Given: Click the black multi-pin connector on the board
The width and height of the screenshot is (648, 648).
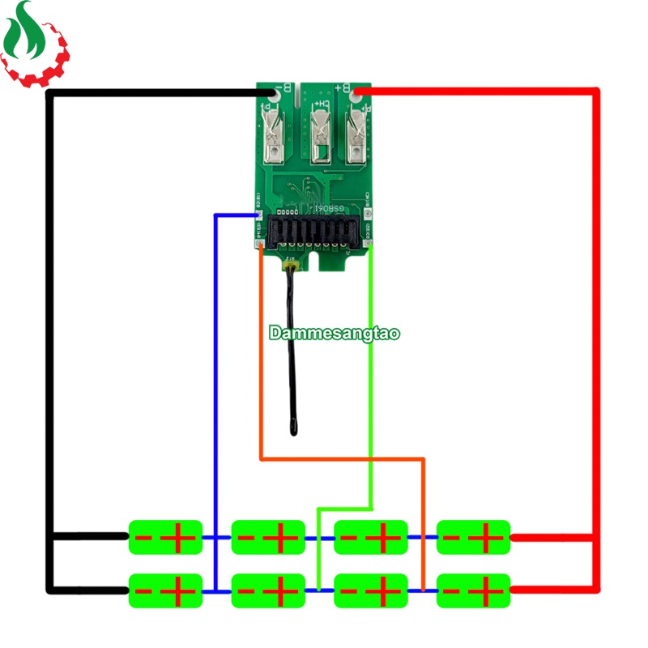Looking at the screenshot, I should (313, 235).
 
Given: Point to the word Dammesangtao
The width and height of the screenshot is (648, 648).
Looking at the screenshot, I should (335, 333).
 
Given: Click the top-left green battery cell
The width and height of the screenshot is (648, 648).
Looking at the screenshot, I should (165, 537).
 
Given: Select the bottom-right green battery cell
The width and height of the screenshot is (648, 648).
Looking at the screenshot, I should (473, 590).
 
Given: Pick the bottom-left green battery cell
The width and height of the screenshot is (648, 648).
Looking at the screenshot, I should (165, 590).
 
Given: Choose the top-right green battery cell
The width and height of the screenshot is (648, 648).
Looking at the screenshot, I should (473, 537).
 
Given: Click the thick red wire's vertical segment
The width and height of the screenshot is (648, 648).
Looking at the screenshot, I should (598, 324).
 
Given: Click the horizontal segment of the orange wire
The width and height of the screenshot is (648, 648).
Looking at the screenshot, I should (340, 459).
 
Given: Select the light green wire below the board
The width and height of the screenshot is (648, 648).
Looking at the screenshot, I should (370, 364).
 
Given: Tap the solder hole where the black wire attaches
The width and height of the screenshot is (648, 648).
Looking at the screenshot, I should (271, 104).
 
